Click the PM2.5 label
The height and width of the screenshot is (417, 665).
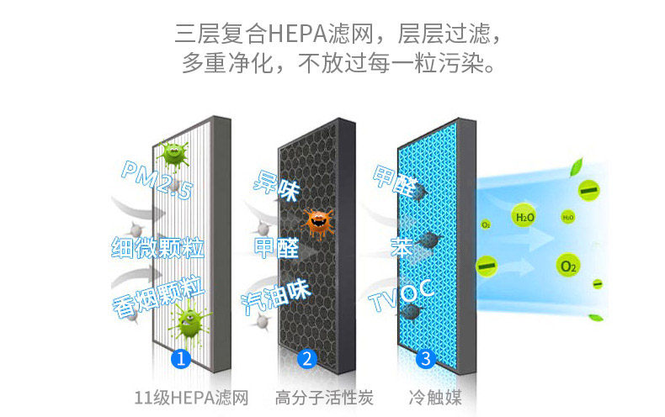click(x=157, y=181)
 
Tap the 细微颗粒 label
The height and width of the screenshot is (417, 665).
click(x=157, y=247)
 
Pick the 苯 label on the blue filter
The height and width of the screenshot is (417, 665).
click(x=401, y=246)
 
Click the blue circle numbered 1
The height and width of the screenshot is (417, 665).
click(x=181, y=359)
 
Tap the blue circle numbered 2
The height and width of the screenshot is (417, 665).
click(x=306, y=359)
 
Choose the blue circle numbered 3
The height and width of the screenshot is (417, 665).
click(x=425, y=359)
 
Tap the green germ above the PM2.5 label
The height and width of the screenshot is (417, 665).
click(x=174, y=153)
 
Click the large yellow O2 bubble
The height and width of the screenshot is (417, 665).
click(x=569, y=267)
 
